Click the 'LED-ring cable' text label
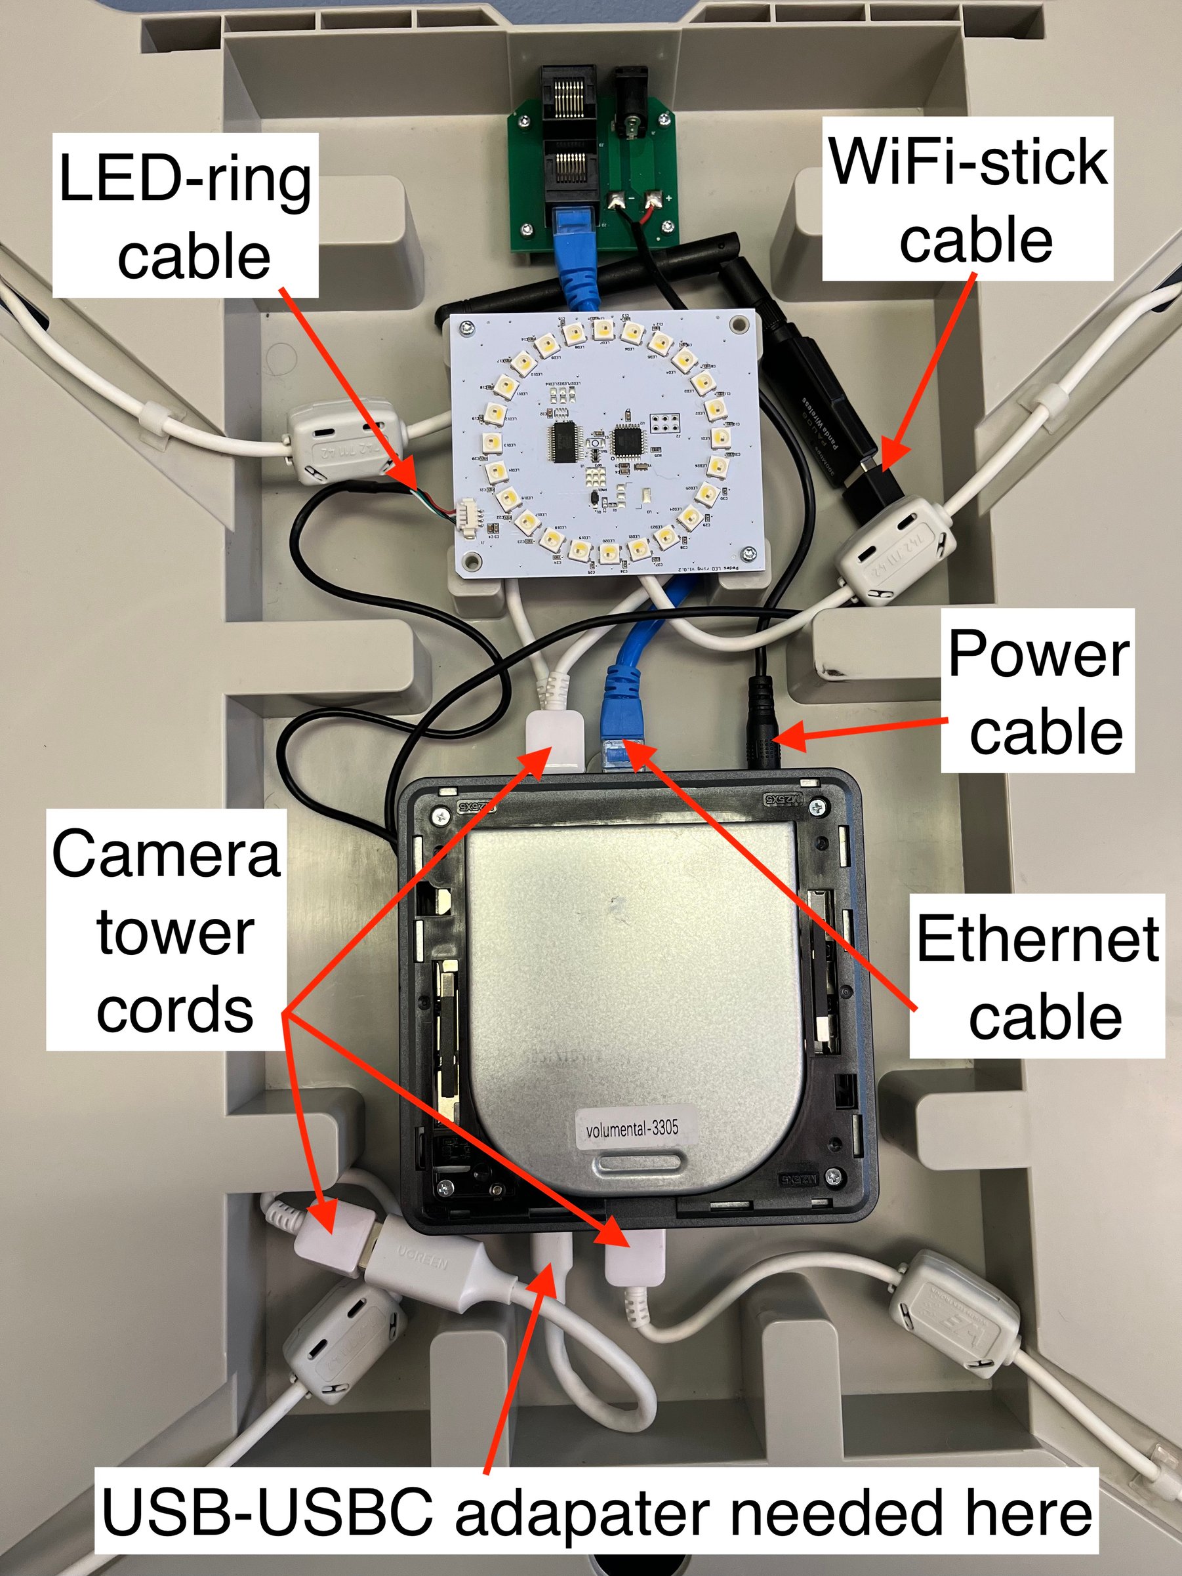185,216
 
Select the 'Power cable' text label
1038,691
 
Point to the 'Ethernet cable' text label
1038,976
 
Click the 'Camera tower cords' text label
167,931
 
